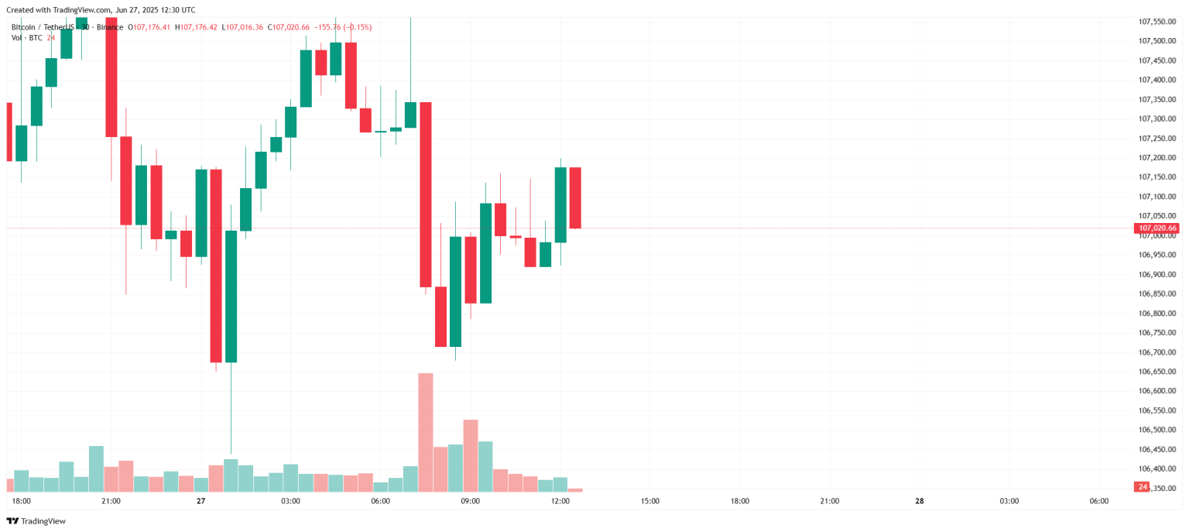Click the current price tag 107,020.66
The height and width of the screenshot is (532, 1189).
(x=1156, y=228)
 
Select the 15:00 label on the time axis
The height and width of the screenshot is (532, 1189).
(x=650, y=501)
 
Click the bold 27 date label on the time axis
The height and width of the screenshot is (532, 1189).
(x=200, y=501)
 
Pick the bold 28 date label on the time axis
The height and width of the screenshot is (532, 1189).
(x=919, y=501)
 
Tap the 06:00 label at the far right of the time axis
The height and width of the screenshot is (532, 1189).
(x=1098, y=501)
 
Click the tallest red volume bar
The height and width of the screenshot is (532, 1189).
(x=425, y=432)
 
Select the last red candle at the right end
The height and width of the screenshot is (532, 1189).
(x=575, y=197)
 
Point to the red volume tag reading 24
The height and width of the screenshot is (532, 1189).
(x=1142, y=487)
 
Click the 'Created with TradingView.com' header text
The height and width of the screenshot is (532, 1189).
(x=101, y=10)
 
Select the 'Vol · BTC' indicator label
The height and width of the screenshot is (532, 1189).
(x=27, y=38)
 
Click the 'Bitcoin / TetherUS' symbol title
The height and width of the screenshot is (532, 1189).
(x=45, y=27)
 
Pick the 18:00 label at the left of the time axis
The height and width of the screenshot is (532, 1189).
(x=22, y=501)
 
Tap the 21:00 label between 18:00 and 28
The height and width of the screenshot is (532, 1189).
(x=829, y=501)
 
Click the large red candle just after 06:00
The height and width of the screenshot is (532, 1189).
(x=425, y=194)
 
